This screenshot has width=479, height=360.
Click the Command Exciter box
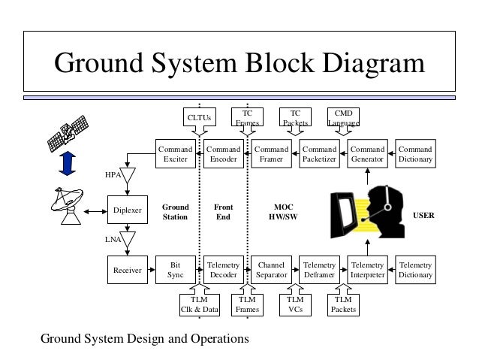point(175,154)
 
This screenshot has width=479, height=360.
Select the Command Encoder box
point(223,154)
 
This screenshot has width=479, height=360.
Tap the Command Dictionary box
point(415,154)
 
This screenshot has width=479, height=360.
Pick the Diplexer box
point(127,211)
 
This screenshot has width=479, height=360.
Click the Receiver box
point(127,270)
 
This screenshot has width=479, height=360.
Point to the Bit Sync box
point(175,270)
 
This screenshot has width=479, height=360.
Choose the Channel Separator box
point(271,270)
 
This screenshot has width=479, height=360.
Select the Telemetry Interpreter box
point(367,270)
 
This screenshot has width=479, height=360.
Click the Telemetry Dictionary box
point(415,270)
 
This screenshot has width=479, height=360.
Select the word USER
point(425,215)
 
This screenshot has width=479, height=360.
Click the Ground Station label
point(175,211)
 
